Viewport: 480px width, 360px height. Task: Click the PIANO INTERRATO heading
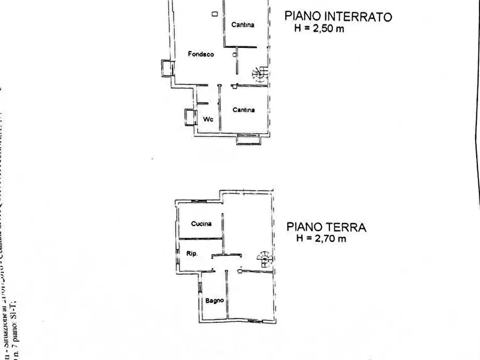[338, 17]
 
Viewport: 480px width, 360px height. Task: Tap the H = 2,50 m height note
[319, 29]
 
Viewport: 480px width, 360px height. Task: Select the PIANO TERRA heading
[326, 227]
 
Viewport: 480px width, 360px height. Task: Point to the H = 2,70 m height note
[321, 239]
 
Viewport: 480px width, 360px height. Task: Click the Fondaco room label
[201, 54]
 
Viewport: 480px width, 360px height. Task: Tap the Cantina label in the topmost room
[243, 25]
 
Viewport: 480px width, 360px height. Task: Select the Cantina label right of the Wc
[243, 110]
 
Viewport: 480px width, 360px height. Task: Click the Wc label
[207, 119]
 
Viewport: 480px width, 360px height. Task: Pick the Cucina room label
[201, 224]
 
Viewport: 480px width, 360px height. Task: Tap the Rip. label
[192, 253]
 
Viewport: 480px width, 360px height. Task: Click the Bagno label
[214, 300]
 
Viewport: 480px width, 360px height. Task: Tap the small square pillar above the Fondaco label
[215, 15]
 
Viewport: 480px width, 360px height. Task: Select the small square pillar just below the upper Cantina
[235, 54]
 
